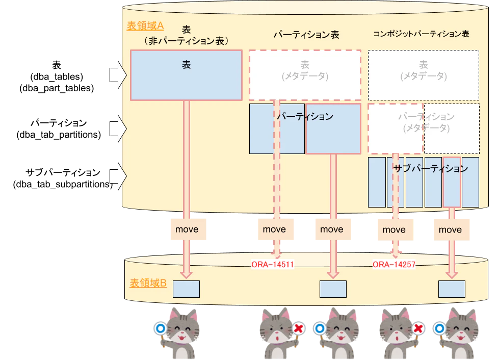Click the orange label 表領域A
[145, 26]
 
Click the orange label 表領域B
[148, 283]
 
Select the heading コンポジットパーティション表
[421, 34]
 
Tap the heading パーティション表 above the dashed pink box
[306, 35]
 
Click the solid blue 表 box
[186, 75]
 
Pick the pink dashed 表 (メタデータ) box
[305, 74]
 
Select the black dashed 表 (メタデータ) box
[423, 74]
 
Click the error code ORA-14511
[273, 265]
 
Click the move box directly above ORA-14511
[274, 229]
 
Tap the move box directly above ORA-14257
[394, 229]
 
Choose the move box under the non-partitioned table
[187, 229]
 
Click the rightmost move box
[451, 229]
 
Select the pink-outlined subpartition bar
[451, 182]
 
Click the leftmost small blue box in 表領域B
[186, 289]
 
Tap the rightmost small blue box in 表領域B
[452, 289]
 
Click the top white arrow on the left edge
[118, 75]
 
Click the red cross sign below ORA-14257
[418, 329]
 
